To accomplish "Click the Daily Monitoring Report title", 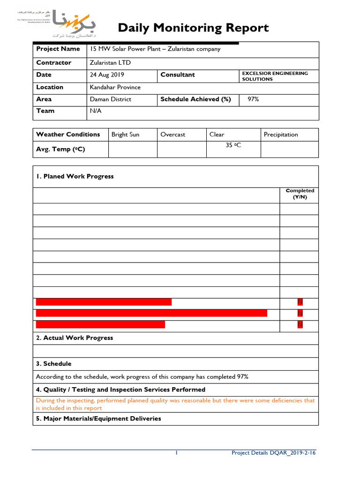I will click(193, 28).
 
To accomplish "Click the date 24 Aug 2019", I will click(107, 75).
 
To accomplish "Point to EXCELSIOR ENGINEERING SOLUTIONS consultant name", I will click(275, 76).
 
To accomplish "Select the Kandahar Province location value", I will click(115, 87).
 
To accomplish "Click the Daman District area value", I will click(111, 99).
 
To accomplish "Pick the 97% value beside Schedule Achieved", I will click(253, 99).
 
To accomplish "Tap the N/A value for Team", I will click(96, 111).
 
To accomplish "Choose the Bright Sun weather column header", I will click(125, 135).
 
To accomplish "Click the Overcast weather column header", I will click(172, 135).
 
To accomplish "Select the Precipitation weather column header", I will click(281, 135).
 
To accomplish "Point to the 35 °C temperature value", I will click(233, 146).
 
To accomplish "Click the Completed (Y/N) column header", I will click(300, 194).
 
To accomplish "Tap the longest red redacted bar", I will click(151, 313).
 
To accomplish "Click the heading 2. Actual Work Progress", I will click(75, 338).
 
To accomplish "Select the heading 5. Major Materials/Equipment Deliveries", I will click(98, 419).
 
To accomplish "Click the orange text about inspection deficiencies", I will click(175, 404).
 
